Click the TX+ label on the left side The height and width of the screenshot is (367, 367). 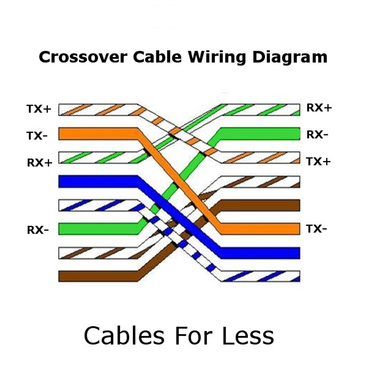click(39, 109)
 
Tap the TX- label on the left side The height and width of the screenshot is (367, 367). click(37, 136)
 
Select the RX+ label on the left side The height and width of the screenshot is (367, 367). click(40, 163)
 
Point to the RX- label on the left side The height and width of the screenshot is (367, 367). click(38, 230)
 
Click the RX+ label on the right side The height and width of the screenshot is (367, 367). click(319, 108)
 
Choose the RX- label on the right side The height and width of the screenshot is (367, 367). click(317, 134)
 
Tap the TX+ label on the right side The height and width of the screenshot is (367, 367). click(318, 162)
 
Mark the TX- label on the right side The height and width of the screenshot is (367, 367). click(316, 229)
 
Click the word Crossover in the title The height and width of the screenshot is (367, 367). click(82, 57)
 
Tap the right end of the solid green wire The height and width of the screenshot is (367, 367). click(297, 134)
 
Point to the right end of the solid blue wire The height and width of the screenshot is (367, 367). click(297, 253)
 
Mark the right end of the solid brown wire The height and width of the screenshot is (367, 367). click(297, 205)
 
